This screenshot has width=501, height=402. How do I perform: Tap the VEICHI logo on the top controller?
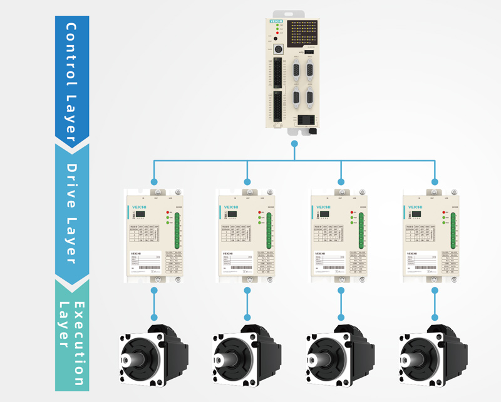(276, 21)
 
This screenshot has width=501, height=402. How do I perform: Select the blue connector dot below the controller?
(294, 144)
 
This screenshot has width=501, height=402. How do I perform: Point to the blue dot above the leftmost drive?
(154, 182)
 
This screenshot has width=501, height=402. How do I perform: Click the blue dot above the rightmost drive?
(434, 182)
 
